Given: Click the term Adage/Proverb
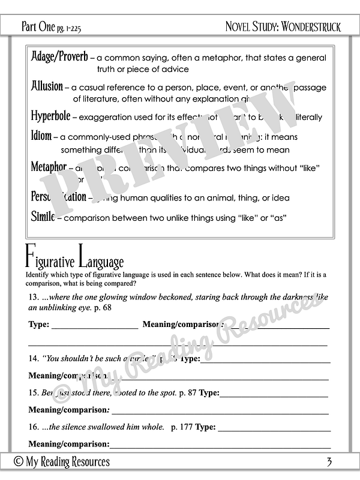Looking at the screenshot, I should (59, 57).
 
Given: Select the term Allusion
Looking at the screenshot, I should (47, 86).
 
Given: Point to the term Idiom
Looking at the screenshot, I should (41, 136).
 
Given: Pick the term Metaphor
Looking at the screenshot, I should (49, 167).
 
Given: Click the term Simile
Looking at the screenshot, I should (43, 217).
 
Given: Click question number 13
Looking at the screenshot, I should (34, 297).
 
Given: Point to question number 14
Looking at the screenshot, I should (34, 358).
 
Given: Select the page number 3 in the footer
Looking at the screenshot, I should (329, 461).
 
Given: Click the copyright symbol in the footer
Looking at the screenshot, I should (19, 461).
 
